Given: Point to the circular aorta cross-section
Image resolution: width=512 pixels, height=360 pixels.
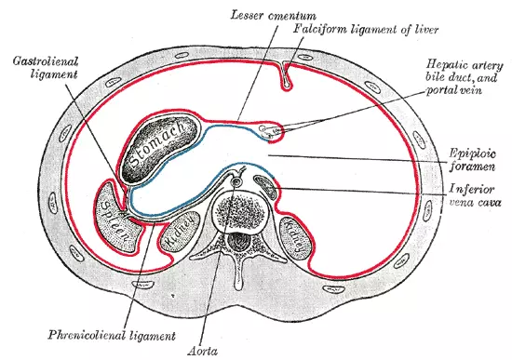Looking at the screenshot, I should pyautogui.click(x=237, y=182).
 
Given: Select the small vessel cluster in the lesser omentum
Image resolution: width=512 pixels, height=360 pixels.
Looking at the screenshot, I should pyautogui.click(x=271, y=131).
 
